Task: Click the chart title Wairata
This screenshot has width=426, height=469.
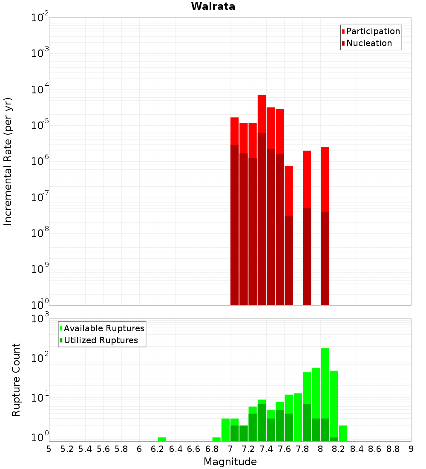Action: click(x=213, y=6)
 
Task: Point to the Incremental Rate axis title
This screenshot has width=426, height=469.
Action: click(x=8, y=162)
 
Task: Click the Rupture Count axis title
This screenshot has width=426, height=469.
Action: click(x=16, y=380)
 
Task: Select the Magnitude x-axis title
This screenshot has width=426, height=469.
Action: click(x=230, y=462)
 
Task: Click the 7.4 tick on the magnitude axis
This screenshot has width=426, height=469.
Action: click(x=266, y=449)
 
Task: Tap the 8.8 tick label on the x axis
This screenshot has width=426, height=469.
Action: click(x=393, y=449)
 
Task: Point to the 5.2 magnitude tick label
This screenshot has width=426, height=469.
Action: click(x=67, y=449)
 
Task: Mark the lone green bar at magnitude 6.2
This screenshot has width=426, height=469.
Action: click(x=162, y=439)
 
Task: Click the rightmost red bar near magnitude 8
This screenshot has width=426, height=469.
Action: click(x=325, y=179)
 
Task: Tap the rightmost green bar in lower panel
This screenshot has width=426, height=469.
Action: click(x=343, y=433)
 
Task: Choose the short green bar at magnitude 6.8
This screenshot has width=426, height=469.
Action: click(x=216, y=439)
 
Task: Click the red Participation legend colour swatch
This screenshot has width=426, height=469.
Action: click(x=343, y=31)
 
